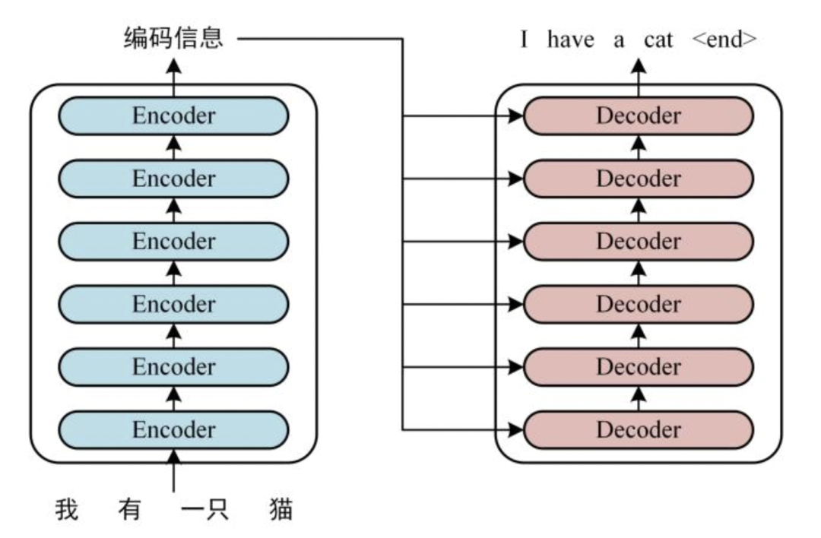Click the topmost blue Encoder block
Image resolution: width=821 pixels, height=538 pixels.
click(173, 116)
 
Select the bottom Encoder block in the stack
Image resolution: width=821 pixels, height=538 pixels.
click(173, 429)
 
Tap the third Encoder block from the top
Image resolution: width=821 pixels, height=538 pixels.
click(173, 242)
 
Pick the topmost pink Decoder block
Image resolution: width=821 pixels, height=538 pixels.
click(639, 116)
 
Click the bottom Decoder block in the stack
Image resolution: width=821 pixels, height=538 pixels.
click(639, 429)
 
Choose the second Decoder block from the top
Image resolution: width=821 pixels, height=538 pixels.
click(639, 179)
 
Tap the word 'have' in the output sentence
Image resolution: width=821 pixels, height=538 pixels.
click(569, 40)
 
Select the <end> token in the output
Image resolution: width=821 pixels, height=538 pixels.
click(724, 40)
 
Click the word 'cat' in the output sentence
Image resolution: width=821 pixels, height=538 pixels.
click(658, 40)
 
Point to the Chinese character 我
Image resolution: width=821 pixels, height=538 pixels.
click(67, 509)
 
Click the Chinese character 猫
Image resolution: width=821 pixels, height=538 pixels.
click(281, 509)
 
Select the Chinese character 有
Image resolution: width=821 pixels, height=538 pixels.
click(128, 509)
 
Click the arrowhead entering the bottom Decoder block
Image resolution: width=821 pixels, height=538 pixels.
click(515, 430)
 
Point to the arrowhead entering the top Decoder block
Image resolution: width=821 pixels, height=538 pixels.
click(515, 117)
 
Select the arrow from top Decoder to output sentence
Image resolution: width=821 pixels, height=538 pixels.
click(639, 76)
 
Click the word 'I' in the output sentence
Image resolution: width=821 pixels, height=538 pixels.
click(524, 40)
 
